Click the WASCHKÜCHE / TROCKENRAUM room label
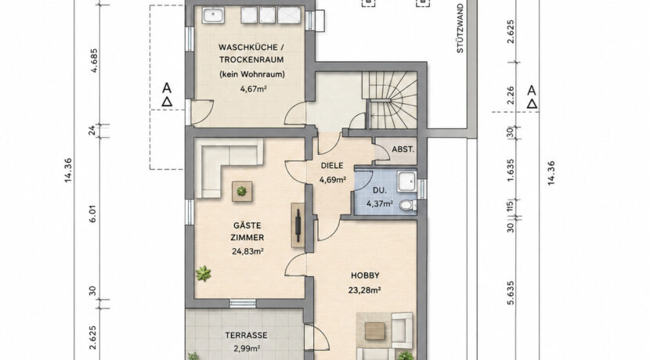click(x=251, y=53)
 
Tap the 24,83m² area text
click(x=247, y=250)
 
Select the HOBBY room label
click(x=365, y=275)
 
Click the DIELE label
click(x=332, y=166)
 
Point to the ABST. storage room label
click(x=403, y=149)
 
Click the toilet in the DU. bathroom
click(x=406, y=204)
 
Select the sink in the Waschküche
click(x=213, y=16)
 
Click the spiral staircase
click(x=390, y=99)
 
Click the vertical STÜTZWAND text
click(x=460, y=29)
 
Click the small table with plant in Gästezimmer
click(x=242, y=191)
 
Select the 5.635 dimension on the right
click(x=511, y=293)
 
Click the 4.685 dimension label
click(x=94, y=61)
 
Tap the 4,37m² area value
click(x=380, y=203)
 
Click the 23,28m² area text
click(x=365, y=290)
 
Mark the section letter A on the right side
click(x=532, y=90)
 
